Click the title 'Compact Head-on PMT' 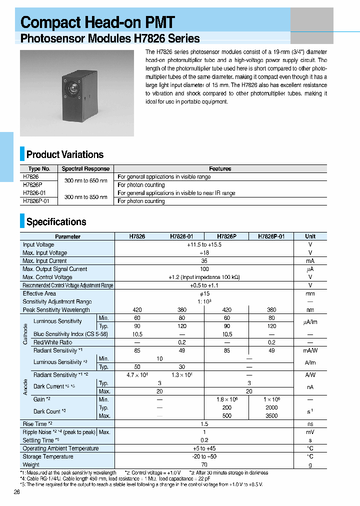(97, 22)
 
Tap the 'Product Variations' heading (64, 154)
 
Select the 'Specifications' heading (56, 222)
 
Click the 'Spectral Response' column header (85, 169)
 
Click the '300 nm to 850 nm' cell (86, 197)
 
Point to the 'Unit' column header (310, 236)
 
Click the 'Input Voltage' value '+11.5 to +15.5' (204, 245)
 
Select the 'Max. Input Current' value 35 (204, 261)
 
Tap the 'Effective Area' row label (39, 293)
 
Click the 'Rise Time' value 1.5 (204, 424)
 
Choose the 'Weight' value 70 (204, 464)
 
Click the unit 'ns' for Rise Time (310, 424)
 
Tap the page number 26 (17, 492)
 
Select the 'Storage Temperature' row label (48, 456)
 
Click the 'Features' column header (220, 169)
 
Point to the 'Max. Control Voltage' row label (47, 277)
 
